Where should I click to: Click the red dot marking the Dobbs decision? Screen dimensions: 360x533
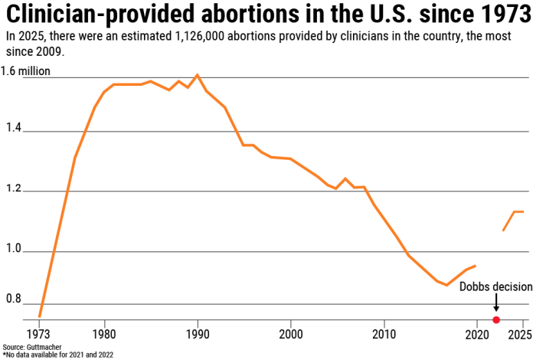point(496,319)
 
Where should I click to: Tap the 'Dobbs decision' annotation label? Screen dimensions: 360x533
point(495,286)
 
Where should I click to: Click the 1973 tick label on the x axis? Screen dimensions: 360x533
point(40,334)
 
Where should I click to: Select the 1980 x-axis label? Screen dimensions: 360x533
point(105,334)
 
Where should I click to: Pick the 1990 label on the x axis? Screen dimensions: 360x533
point(198,334)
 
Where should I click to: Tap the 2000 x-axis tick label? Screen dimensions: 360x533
point(291,334)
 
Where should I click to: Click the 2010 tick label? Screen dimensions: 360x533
point(384,334)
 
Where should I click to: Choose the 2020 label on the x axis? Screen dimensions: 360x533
point(476,334)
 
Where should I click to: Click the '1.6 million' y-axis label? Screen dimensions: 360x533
point(25,71)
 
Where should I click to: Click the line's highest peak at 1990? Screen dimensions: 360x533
point(198,75)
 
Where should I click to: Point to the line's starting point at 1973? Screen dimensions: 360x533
point(40,316)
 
